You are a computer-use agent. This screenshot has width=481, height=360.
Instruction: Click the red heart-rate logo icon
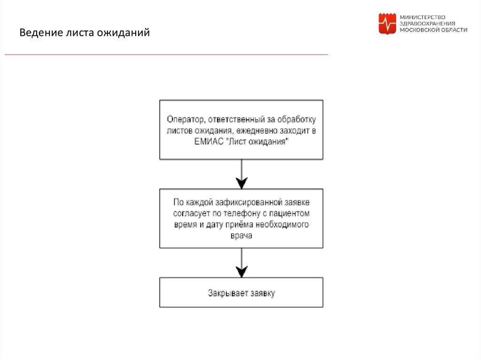click(x=387, y=24)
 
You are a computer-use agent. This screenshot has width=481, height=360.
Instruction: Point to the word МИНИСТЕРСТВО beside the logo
click(x=422, y=17)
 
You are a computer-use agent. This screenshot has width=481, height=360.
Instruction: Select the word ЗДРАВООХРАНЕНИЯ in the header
click(x=427, y=23)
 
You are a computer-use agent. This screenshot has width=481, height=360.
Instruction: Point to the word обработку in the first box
click(x=300, y=118)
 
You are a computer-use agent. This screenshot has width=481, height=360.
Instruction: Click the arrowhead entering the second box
click(x=241, y=183)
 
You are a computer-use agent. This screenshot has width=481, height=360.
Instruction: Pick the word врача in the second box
click(x=241, y=236)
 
